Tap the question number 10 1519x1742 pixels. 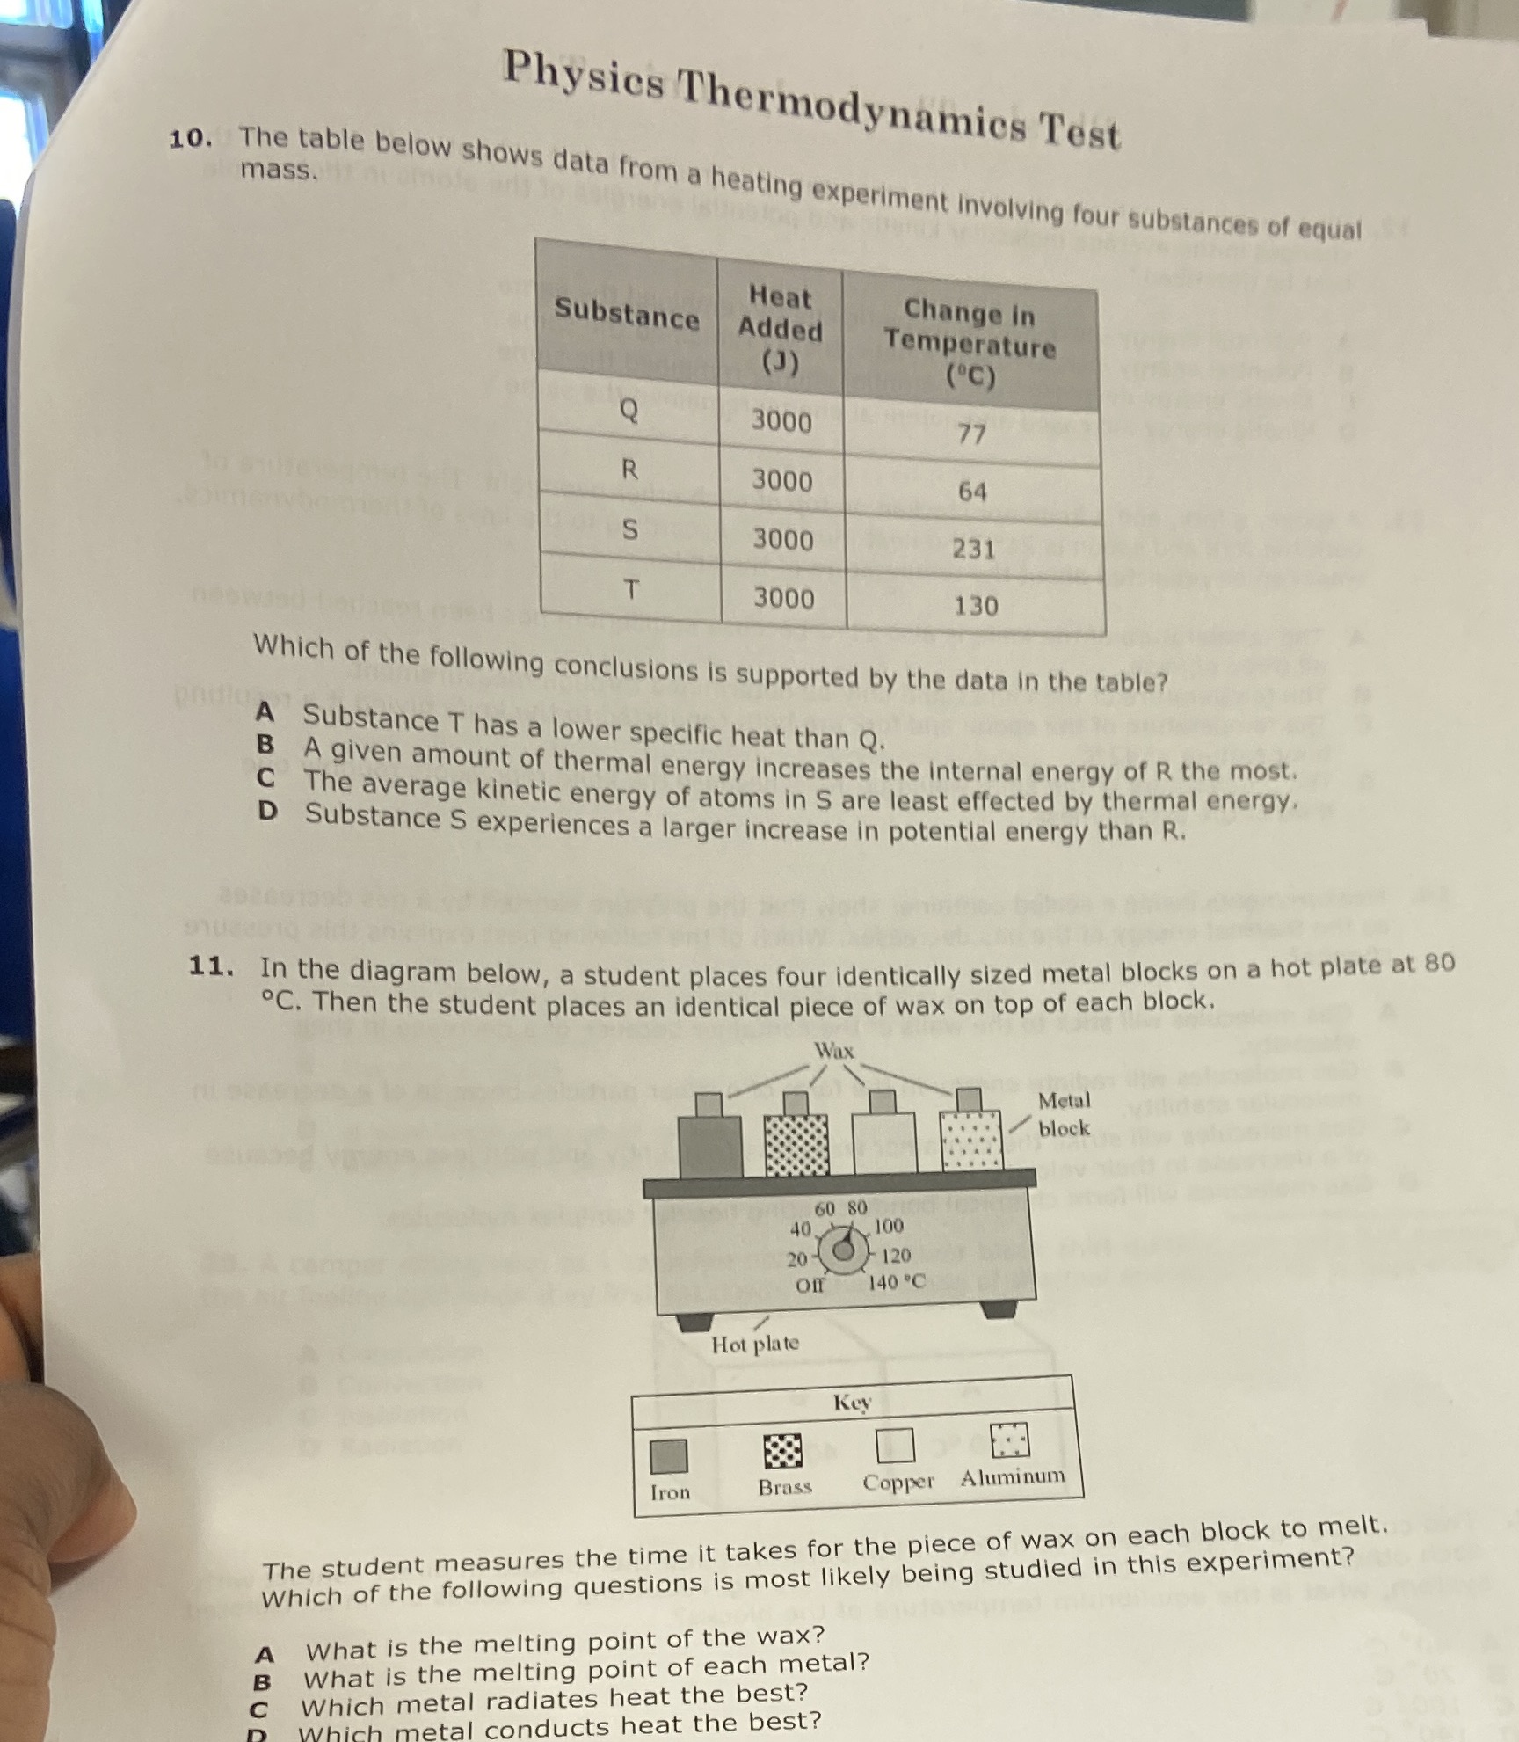190,139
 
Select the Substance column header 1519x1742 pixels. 626,312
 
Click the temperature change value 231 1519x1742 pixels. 974,549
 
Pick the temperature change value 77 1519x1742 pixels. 971,434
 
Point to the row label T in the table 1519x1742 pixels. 629,588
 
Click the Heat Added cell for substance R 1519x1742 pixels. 781,480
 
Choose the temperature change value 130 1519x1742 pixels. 976,605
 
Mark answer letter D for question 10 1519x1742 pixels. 267,811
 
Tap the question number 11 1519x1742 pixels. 211,966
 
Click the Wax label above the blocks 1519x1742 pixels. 833,1050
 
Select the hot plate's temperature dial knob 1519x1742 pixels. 843,1250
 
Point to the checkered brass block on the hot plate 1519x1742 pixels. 796,1144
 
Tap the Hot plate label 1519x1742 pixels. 755,1344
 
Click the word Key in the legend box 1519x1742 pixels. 851,1402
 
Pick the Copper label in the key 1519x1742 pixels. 898,1482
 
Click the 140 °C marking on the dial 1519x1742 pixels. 897,1282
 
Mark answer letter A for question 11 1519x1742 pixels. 264,1655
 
